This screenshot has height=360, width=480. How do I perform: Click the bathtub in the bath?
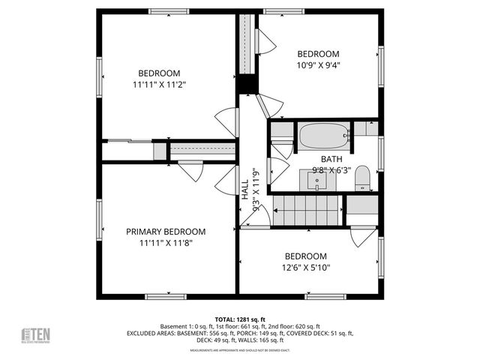pyautogui.click(x=324, y=136)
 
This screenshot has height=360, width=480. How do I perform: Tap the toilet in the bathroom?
pyautogui.click(x=361, y=178)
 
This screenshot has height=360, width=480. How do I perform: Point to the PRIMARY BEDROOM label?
pyautogui.click(x=166, y=232)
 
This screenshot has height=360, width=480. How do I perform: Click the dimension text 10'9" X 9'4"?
pyautogui.click(x=318, y=66)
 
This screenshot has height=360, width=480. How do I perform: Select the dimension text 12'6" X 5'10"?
pyautogui.click(x=306, y=268)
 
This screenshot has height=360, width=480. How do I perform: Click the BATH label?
pyautogui.click(x=331, y=159)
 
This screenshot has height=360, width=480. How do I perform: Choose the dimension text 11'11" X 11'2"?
pyautogui.click(x=159, y=85)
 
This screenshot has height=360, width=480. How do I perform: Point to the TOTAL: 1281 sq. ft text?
pyautogui.click(x=239, y=319)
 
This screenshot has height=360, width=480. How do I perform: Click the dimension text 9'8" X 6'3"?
pyautogui.click(x=331, y=170)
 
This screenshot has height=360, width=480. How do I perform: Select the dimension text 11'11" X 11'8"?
pyautogui.click(x=166, y=244)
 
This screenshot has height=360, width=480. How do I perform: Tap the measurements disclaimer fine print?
pyautogui.click(x=239, y=350)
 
